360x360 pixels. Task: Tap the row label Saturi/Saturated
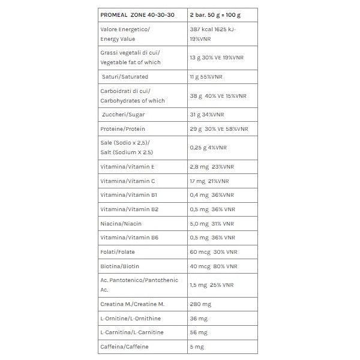(x=125, y=77)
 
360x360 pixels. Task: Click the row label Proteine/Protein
(x=123, y=128)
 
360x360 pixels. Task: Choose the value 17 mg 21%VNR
(x=211, y=181)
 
